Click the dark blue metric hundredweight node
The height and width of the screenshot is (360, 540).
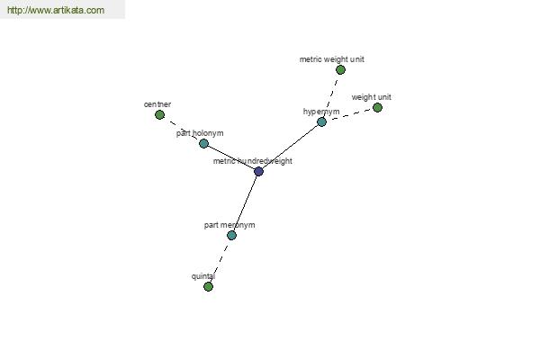[x=258, y=171]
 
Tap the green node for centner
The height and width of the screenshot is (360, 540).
[x=159, y=114]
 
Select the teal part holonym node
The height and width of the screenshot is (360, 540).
[x=204, y=143]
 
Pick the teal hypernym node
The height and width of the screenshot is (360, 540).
[x=321, y=121]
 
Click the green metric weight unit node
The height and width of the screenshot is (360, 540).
[x=340, y=69]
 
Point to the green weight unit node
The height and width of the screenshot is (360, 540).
[x=377, y=107]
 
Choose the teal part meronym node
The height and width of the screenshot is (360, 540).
[x=232, y=235]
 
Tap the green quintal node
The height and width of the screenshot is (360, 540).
[x=208, y=286]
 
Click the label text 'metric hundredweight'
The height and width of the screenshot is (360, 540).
[x=252, y=161]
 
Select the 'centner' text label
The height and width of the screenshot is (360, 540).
[x=157, y=104]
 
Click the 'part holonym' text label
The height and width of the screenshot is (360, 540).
[x=200, y=133]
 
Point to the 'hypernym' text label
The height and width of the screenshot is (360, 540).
[x=321, y=112]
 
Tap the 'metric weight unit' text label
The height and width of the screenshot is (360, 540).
[x=331, y=59]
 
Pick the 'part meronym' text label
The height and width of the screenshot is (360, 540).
[x=229, y=225]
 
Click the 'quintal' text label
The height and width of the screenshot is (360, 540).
[x=203, y=276]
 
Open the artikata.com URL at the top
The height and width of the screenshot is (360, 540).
[x=56, y=10]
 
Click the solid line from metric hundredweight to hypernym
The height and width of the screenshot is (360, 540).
[x=290, y=147]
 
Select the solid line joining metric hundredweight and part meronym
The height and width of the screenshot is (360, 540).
[x=245, y=203]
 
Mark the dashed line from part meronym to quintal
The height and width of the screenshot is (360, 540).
[x=220, y=261]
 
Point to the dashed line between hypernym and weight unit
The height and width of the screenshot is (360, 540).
[x=349, y=114]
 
